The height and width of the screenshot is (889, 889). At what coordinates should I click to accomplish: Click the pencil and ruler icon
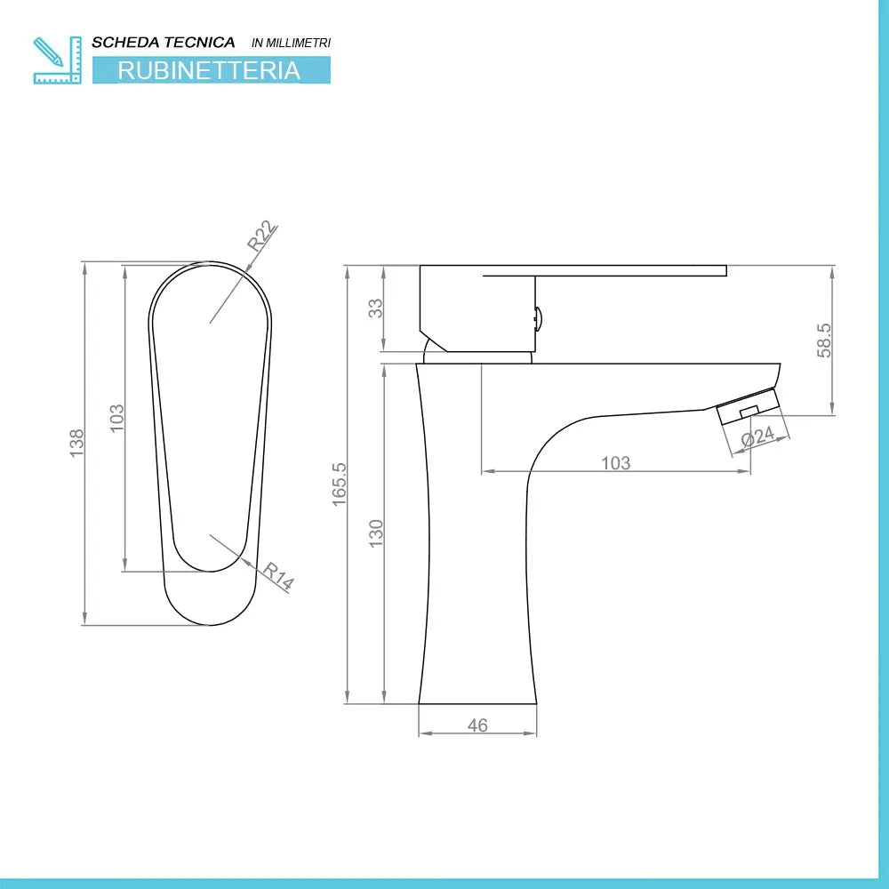(57, 60)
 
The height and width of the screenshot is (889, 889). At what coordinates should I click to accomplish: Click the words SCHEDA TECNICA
(164, 42)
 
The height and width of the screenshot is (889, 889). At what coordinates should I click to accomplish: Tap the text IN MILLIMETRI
(292, 43)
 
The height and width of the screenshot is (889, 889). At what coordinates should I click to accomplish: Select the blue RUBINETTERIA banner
(211, 70)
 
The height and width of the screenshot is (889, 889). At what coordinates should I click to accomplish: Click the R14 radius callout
(277, 577)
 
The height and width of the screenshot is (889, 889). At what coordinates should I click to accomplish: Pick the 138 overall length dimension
(76, 443)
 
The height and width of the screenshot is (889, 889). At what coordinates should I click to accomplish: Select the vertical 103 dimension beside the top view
(116, 419)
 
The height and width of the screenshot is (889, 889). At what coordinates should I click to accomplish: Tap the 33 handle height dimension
(376, 308)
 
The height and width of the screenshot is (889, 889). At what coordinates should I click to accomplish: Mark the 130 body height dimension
(376, 533)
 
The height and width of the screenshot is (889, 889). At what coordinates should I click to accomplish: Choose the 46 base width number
(477, 725)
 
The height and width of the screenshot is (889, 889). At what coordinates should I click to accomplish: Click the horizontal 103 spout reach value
(615, 462)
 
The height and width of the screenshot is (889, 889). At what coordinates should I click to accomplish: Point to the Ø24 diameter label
(757, 437)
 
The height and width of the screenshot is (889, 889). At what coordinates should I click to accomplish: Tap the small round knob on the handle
(537, 316)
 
